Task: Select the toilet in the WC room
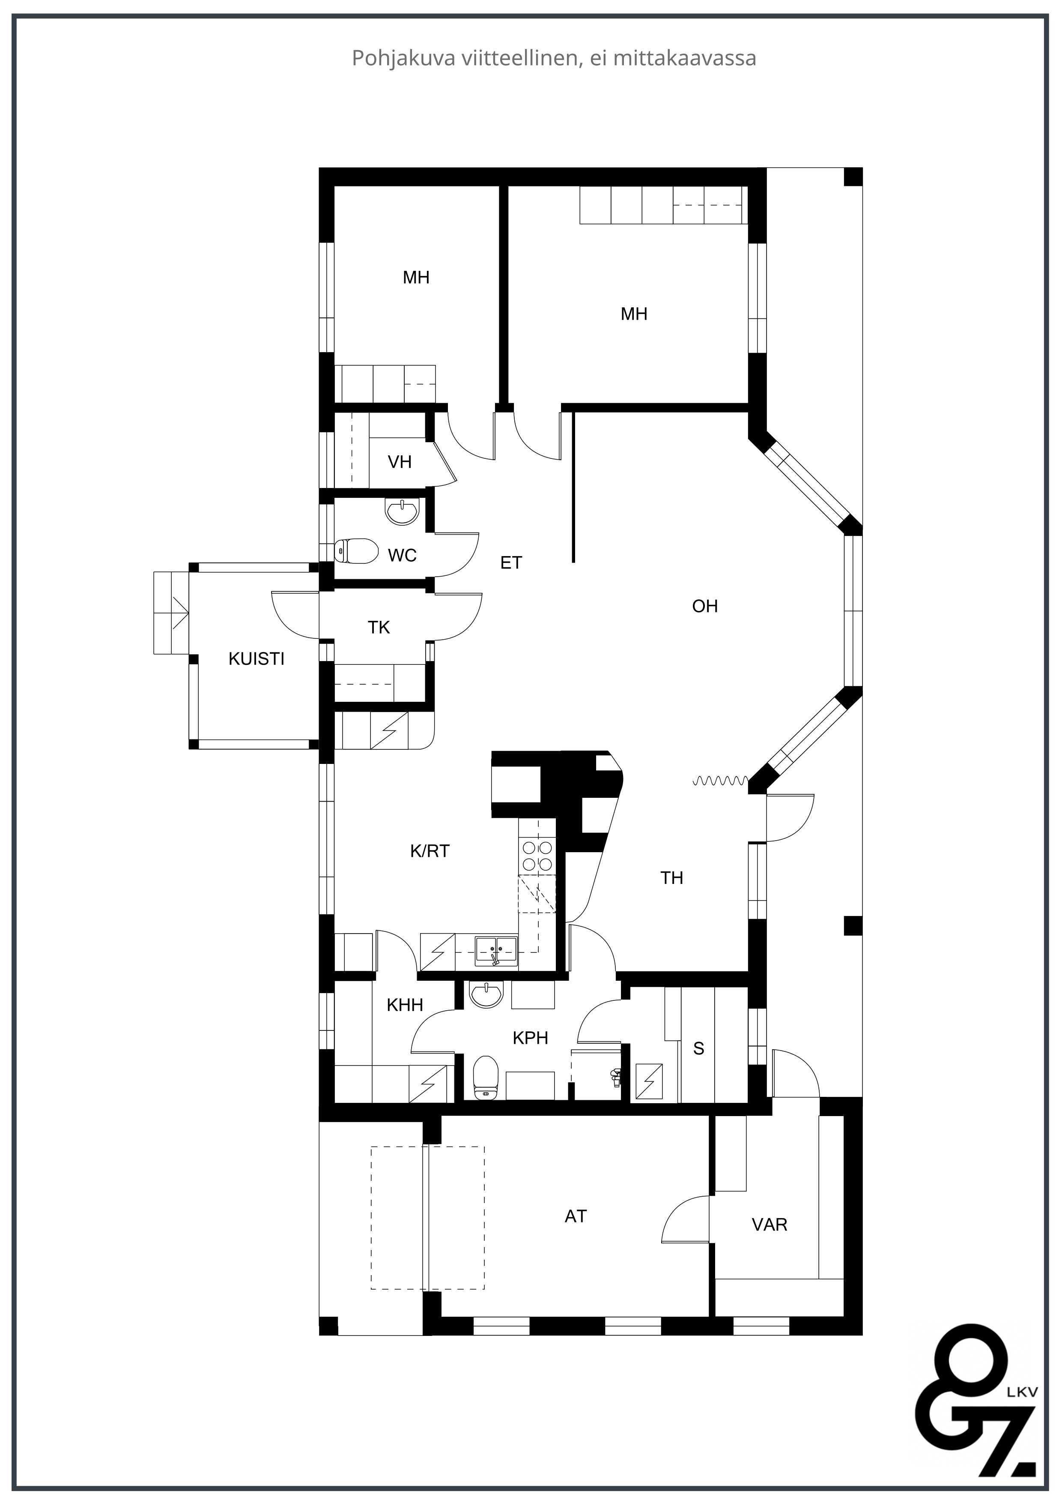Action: point(357,551)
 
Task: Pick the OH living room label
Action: point(705,606)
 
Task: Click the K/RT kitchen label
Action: point(430,851)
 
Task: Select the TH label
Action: point(671,878)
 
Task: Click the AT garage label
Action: point(576,1216)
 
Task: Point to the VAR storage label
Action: point(770,1225)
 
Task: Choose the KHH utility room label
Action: point(405,1005)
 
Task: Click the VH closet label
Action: point(400,462)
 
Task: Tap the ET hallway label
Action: point(511,562)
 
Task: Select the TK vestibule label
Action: point(379,628)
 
